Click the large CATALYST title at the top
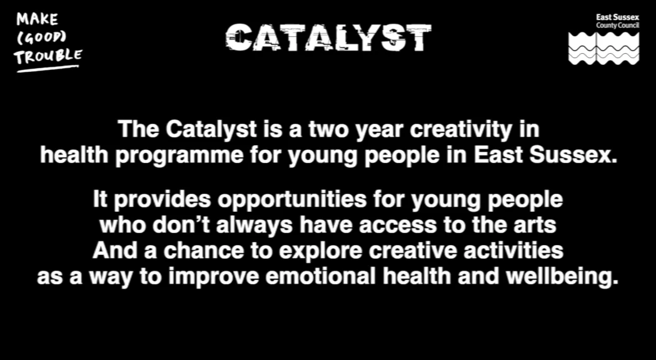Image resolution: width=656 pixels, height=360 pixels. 328,38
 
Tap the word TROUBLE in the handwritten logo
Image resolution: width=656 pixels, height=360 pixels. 48,56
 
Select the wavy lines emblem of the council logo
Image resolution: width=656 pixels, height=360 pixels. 603,48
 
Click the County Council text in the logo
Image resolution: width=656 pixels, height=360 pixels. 617,25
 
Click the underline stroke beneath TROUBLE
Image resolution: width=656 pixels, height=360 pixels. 48,67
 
